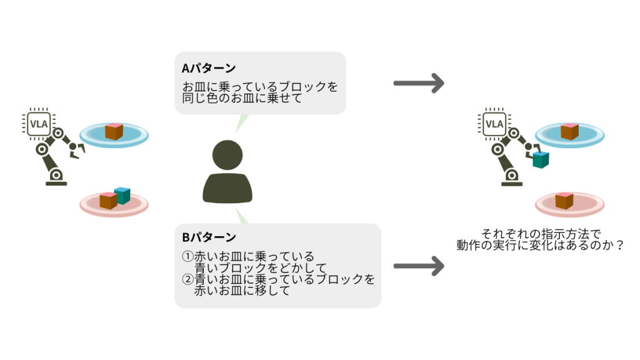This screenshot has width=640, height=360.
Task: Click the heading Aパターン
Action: pos(209,68)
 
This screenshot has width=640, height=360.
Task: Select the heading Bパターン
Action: pos(209,237)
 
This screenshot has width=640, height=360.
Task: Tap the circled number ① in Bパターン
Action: pos(187,257)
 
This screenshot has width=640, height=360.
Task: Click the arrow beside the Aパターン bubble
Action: pos(418,83)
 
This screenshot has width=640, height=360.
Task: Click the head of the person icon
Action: pos(227,155)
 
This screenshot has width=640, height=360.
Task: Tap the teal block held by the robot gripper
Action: pos(541,159)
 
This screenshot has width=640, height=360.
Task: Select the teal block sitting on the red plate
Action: pos(122,196)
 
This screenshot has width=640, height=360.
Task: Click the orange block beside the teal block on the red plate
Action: pos(108,201)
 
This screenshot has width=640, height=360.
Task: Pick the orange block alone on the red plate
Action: pos(564,201)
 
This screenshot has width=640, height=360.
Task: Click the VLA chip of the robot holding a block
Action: pos(494,124)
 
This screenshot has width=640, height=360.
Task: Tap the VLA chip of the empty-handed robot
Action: pos(39,124)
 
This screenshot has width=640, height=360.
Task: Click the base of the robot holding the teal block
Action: pos(512,181)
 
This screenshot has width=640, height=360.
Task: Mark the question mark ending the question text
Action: pos(620,245)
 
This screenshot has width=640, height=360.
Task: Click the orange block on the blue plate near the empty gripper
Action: pos(114,131)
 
